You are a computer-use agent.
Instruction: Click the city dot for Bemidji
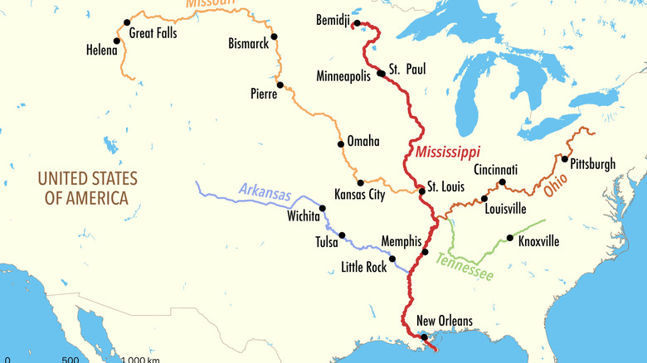coord(357,23)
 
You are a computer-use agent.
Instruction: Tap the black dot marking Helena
coord(117,41)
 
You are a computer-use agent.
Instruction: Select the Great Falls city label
coord(156,34)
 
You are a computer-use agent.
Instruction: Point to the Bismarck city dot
coord(274,36)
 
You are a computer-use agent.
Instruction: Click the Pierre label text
coord(264,94)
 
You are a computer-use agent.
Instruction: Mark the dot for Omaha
coord(341,143)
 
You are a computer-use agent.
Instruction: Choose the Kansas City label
coord(359,195)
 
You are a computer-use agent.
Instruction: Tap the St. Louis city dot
coord(422,191)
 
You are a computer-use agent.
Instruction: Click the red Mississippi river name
coord(448,152)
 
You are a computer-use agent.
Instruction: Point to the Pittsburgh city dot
coord(564,159)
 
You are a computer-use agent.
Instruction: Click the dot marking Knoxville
coord(510,238)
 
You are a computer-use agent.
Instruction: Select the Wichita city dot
coord(323,208)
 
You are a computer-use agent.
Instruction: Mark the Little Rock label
coord(364,267)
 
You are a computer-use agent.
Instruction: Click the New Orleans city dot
coord(425,336)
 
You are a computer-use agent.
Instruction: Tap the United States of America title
coord(87,187)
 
